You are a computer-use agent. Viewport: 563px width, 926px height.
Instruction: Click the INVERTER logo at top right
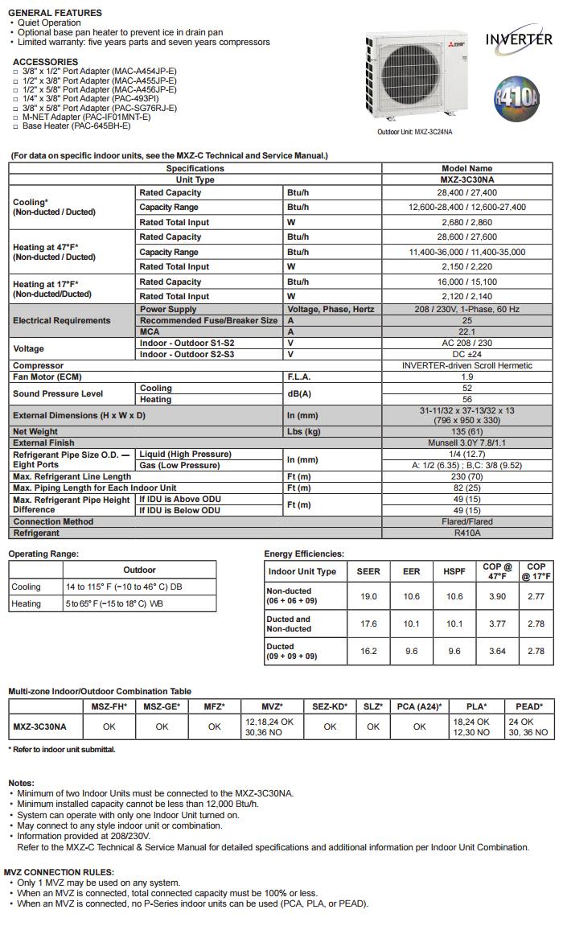tap(519, 39)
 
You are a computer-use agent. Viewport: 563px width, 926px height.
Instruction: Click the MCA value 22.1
tap(466, 331)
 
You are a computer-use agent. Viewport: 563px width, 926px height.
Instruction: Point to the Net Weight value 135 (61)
tap(466, 432)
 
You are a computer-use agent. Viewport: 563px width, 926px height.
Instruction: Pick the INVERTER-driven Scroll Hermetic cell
tap(466, 365)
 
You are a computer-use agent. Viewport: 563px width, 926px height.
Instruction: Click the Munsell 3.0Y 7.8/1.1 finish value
tap(466, 443)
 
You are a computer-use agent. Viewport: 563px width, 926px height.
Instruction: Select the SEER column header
tap(368, 572)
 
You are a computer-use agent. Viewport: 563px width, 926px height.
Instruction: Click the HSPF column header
tap(454, 572)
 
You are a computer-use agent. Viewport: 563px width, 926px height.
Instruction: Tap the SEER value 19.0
tap(368, 597)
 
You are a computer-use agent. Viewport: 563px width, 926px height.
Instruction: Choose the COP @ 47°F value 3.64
tap(498, 652)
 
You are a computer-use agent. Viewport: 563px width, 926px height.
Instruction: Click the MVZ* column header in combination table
tap(272, 706)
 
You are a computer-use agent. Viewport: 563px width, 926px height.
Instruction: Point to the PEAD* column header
tap(528, 706)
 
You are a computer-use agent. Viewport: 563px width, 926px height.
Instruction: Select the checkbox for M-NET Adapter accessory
tap(15, 117)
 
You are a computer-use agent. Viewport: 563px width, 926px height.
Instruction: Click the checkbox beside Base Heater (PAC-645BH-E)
tap(15, 126)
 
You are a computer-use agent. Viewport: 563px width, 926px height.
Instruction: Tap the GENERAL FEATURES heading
tap(55, 13)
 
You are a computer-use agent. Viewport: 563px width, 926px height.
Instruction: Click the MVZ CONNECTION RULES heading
tap(59, 872)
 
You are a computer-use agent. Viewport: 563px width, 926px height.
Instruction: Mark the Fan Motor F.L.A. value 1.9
tap(466, 377)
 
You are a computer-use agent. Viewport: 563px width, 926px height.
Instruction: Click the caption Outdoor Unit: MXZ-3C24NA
tap(415, 132)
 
